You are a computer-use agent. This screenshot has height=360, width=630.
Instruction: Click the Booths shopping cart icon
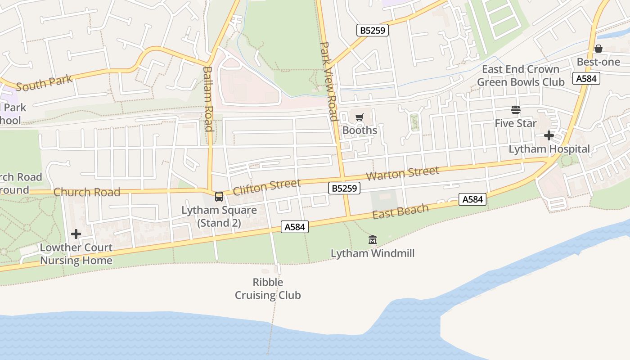point(359,117)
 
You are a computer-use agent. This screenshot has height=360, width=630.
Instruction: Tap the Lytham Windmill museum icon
point(372,240)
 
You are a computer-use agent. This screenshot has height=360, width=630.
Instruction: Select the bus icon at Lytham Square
point(219,197)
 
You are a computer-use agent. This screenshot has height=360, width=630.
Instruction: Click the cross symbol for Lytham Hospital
point(549,135)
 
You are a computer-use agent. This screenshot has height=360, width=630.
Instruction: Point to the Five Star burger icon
point(515,110)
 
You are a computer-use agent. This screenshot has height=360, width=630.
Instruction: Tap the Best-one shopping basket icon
point(598,49)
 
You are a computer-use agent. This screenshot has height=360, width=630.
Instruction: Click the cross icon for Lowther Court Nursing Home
point(76,234)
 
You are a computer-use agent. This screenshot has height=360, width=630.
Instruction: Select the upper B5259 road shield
point(372,30)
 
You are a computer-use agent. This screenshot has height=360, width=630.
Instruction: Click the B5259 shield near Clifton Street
point(344,188)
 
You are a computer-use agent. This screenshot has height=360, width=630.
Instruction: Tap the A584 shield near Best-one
point(586,78)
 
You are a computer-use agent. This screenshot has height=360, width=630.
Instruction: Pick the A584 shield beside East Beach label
point(472,199)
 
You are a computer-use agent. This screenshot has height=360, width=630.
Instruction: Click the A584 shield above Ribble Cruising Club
point(295,227)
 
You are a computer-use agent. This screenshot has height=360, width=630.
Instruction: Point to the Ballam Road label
point(207,99)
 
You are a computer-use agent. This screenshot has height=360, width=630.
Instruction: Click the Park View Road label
point(328,82)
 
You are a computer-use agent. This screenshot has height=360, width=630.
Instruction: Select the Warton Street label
point(402,173)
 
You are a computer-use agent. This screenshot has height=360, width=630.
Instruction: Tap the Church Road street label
point(87,192)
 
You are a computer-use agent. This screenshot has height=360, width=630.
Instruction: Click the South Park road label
point(44,83)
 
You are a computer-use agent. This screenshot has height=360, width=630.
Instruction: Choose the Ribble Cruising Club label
point(268,288)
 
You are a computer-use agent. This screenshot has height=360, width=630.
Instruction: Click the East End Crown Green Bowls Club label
point(520,76)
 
